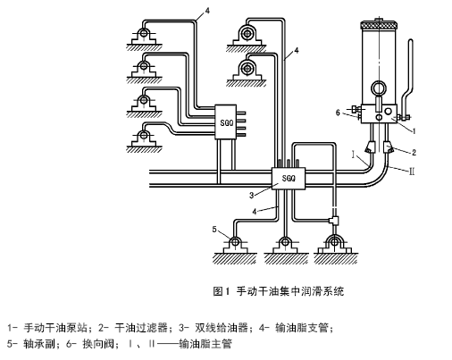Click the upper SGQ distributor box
[226, 121]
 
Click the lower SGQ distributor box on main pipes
[289, 178]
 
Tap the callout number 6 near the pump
[338, 113]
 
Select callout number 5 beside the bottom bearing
[214, 230]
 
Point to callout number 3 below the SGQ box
[252, 196]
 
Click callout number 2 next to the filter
[414, 153]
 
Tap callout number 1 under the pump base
[414, 130]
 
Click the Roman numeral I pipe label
[353, 155]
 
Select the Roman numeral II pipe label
[412, 172]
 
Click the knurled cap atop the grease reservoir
[379, 26]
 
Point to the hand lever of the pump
[407, 80]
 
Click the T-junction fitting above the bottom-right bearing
[333, 220]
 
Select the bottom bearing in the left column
[144, 140]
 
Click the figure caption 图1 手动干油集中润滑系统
[279, 291]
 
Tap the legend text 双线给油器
[222, 328]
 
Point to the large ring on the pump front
[378, 88]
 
